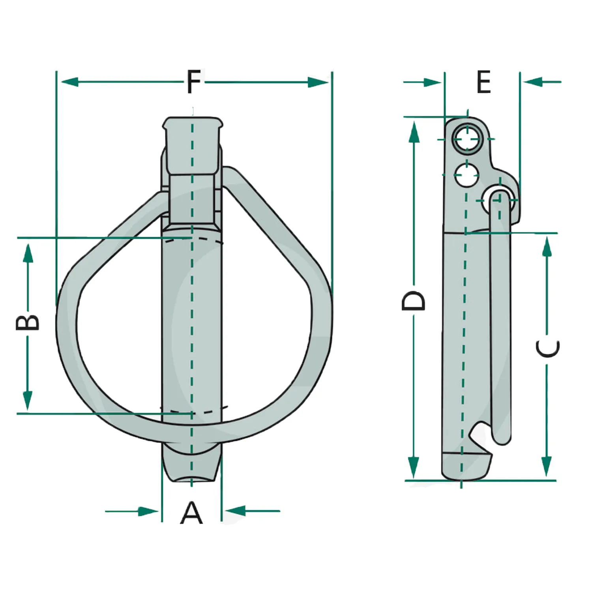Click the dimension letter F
coord(193,82)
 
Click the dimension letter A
coord(191,512)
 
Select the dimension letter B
coord(28,322)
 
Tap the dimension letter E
coord(483,82)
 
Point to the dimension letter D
coord(414,301)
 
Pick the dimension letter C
coord(548,348)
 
